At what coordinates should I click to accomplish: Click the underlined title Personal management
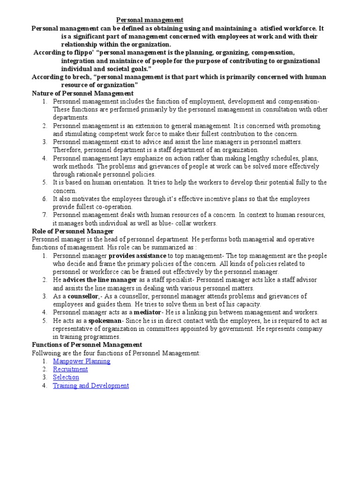pyautogui.click(x=150, y=20)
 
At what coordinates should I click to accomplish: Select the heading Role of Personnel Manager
pyautogui.click(x=73, y=231)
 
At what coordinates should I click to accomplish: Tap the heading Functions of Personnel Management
pyautogui.click(x=87, y=345)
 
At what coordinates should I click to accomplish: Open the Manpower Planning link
pyautogui.click(x=82, y=361)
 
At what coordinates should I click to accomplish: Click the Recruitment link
pyautogui.click(x=70, y=369)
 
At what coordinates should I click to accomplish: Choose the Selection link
pyautogui.click(x=66, y=377)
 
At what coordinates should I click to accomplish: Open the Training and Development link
pyautogui.click(x=90, y=385)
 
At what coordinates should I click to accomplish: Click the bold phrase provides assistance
pyautogui.click(x=137, y=256)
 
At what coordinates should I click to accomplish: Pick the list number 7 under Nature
pyautogui.click(x=45, y=215)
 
